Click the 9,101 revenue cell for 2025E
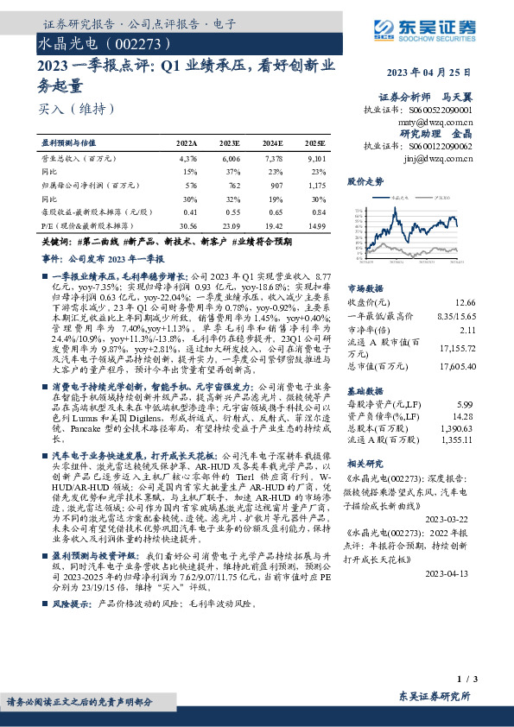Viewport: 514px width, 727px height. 316,159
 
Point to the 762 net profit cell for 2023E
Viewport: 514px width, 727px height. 231,185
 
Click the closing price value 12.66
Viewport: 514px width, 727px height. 465,302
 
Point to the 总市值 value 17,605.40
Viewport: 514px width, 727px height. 457,367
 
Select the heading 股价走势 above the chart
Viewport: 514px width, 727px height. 365,182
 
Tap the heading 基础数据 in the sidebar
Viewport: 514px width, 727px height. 365,389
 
